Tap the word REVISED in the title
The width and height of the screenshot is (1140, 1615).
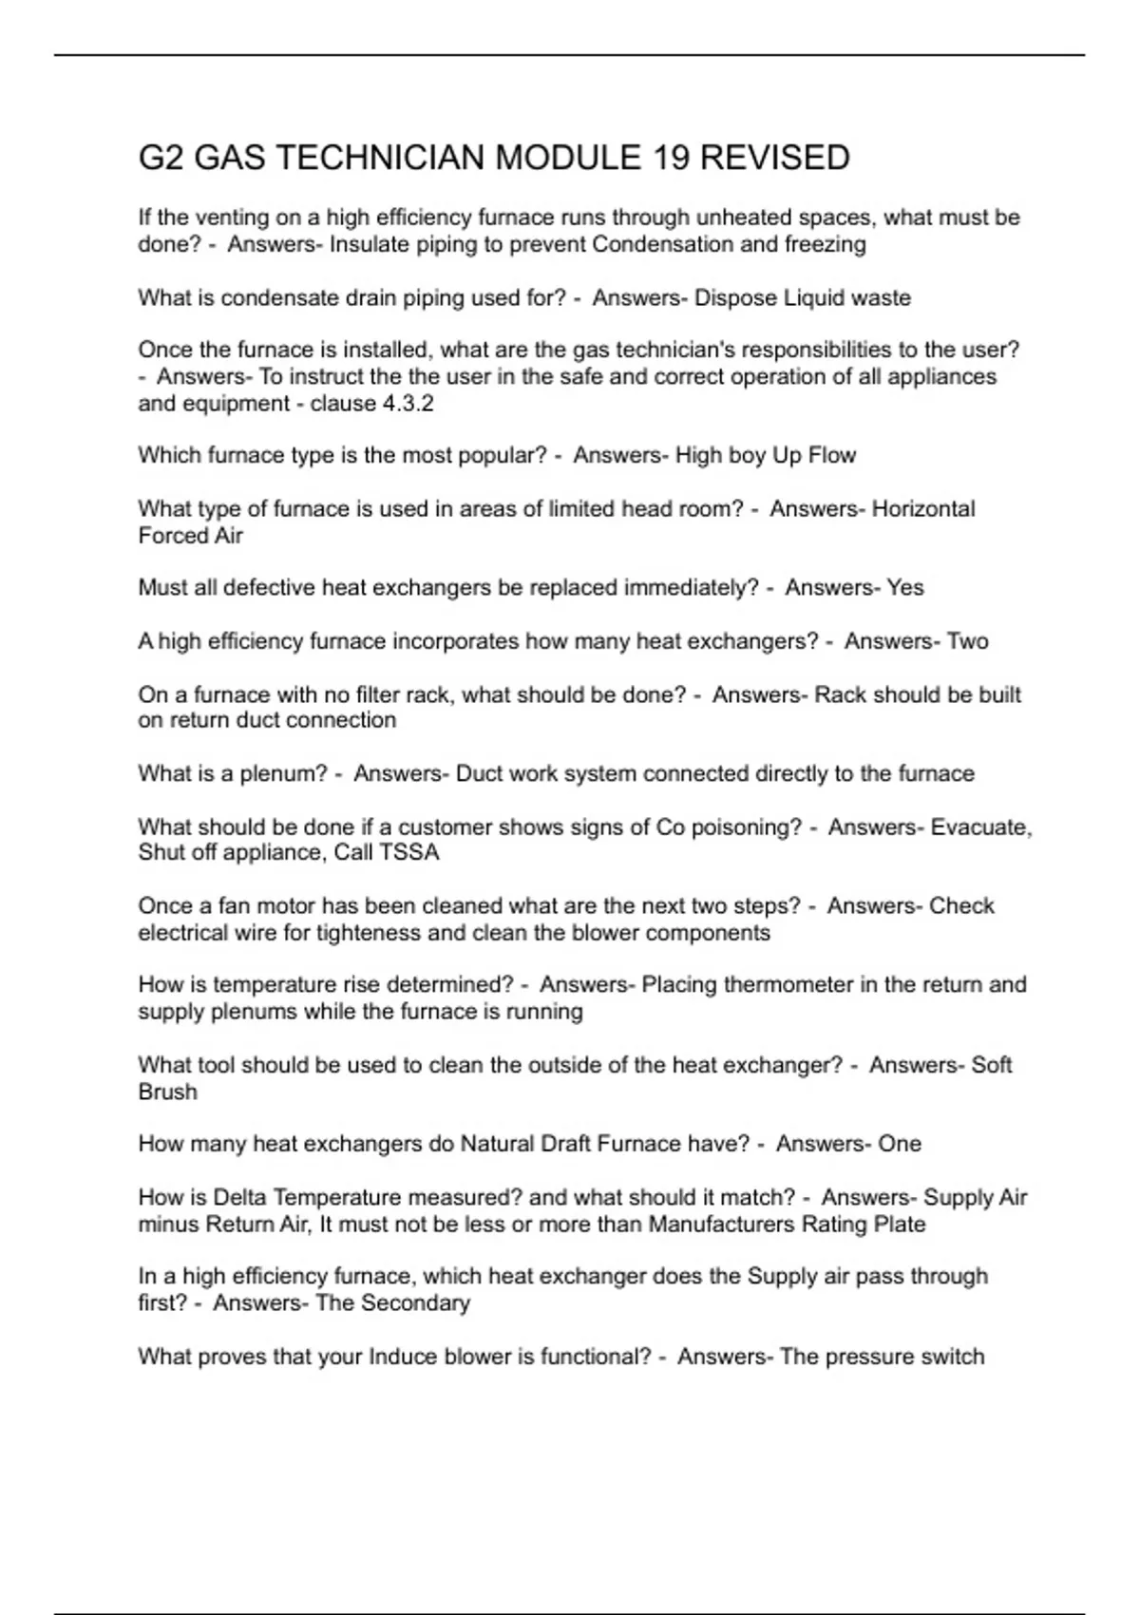pos(774,158)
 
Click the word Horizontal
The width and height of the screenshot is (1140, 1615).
pos(923,509)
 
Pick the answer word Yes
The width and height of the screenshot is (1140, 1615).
pos(904,588)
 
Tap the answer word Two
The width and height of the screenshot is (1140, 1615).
pos(967,642)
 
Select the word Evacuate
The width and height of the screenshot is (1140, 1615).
pos(981,827)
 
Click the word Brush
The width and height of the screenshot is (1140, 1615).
pos(167,1092)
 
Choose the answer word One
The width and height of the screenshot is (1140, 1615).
pos(899,1144)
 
